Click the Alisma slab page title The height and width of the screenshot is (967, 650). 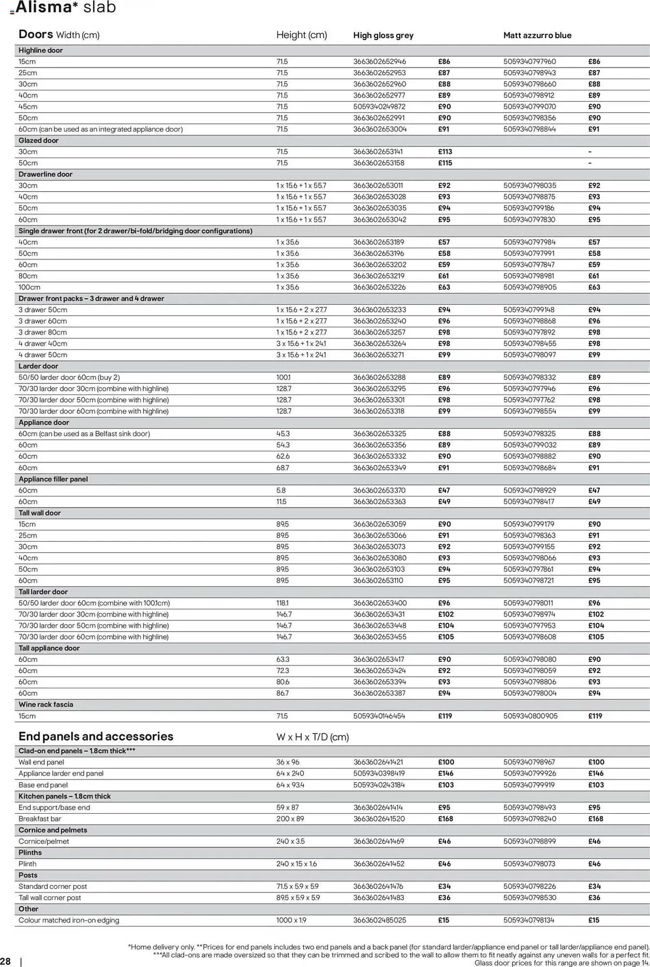pyautogui.click(x=66, y=8)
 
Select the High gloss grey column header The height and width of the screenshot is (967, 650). pyautogui.click(x=383, y=35)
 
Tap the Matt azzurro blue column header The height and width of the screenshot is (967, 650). pyautogui.click(x=537, y=35)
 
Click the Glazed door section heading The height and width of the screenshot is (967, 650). pyautogui.click(x=38, y=141)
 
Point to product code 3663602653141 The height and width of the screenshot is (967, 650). pyautogui.click(x=378, y=152)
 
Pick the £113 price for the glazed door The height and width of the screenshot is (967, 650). pyautogui.click(x=444, y=152)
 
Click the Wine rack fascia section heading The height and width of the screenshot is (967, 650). pyautogui.click(x=45, y=705)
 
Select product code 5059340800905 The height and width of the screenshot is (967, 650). pyautogui.click(x=530, y=716)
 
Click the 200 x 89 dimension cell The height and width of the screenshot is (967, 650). pyautogui.click(x=290, y=819)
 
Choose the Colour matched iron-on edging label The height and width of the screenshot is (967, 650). pyautogui.click(x=69, y=921)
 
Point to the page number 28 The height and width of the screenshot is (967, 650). pyautogui.click(x=5, y=961)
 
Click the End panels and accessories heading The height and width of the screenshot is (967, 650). pyautogui.click(x=96, y=736)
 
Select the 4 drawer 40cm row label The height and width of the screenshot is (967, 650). pyautogui.click(x=43, y=344)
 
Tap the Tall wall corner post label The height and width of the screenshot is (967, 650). pyautogui.click(x=49, y=898)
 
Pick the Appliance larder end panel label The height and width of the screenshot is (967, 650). pyautogui.click(x=61, y=774)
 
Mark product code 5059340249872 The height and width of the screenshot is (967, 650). pyautogui.click(x=379, y=107)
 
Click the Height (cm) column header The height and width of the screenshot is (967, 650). pyautogui.click(x=301, y=35)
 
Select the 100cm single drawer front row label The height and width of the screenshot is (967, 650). pyautogui.click(x=29, y=287)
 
